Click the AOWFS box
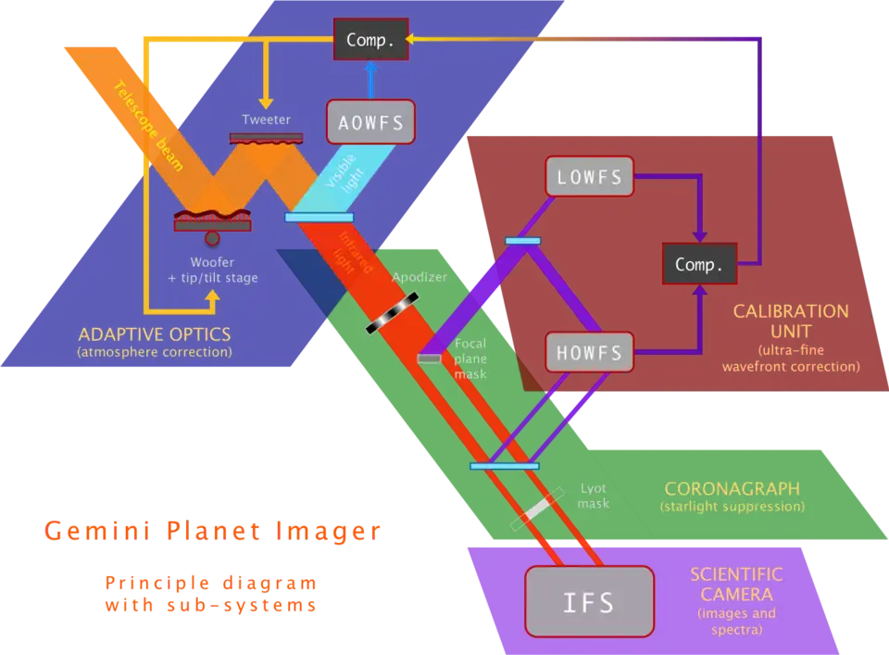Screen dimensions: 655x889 pyautogui.click(x=369, y=122)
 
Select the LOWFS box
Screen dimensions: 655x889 pyautogui.click(x=590, y=176)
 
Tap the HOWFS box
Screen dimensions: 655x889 pyautogui.click(x=590, y=352)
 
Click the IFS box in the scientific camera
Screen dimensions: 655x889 pyautogui.click(x=589, y=602)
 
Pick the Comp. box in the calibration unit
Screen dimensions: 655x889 pyautogui.click(x=699, y=265)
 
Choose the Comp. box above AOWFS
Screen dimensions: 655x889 pyautogui.click(x=370, y=40)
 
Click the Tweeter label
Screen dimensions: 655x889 pyautogui.click(x=266, y=120)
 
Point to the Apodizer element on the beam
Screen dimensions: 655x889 pyautogui.click(x=392, y=313)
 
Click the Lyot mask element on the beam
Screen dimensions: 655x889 pyautogui.click(x=537, y=510)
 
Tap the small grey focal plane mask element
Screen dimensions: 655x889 pyautogui.click(x=429, y=359)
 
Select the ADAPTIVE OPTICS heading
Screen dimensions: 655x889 pyautogui.click(x=154, y=334)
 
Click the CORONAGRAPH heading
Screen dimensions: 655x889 pyautogui.click(x=732, y=488)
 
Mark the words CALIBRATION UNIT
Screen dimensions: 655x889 pyautogui.click(x=791, y=321)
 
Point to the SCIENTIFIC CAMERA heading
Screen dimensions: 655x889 pyautogui.click(x=736, y=584)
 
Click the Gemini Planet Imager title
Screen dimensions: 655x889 pyautogui.click(x=213, y=531)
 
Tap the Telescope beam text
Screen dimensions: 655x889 pyautogui.click(x=148, y=126)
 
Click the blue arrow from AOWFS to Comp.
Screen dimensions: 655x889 pyautogui.click(x=370, y=80)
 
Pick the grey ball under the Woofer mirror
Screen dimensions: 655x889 pyautogui.click(x=212, y=239)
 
